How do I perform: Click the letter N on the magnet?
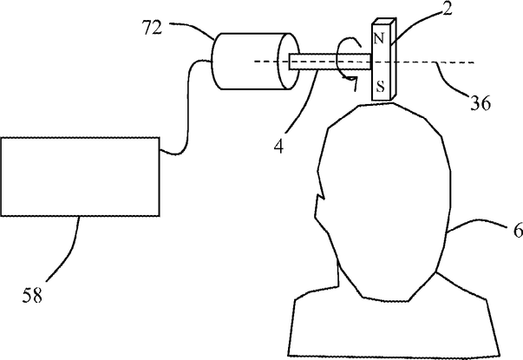pos(379,40)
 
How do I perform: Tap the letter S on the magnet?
pos(379,87)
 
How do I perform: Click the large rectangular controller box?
pos(80,176)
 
